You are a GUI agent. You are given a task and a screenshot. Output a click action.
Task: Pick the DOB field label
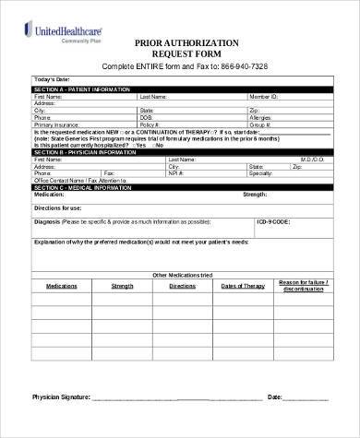pyautogui.click(x=146, y=118)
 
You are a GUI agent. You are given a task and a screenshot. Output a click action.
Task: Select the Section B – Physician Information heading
pyautogui.click(x=84, y=152)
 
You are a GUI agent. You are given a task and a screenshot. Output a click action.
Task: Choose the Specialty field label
pyautogui.click(x=261, y=172)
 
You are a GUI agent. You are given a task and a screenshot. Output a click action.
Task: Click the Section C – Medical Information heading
pyautogui.click(x=82, y=186)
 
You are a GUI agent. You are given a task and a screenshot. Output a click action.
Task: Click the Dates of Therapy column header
pyautogui.click(x=243, y=287)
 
